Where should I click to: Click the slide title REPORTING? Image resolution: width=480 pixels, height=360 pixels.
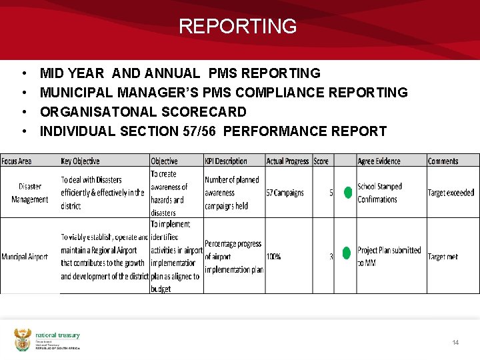237,27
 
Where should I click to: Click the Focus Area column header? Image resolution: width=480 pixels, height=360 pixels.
17,161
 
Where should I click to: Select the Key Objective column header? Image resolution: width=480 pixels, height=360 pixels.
80,161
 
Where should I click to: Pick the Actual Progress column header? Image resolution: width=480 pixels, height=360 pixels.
287,161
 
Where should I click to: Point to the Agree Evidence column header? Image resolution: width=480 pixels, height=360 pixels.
379,161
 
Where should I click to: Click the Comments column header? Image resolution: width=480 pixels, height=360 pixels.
443,161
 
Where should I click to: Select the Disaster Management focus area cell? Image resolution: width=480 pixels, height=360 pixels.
30,193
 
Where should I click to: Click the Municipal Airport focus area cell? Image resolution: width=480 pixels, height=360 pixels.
25,257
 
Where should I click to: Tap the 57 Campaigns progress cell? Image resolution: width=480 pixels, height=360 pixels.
285,193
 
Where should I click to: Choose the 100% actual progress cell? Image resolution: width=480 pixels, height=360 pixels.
273,257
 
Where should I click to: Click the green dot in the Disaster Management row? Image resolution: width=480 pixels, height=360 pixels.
347,193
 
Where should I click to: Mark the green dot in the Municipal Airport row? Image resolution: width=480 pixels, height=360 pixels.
346,253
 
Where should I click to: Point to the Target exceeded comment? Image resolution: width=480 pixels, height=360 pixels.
451,193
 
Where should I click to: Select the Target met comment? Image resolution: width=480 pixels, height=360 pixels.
443,257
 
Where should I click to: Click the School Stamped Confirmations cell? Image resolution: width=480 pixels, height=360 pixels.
379,193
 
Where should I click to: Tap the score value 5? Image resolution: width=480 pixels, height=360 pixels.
331,193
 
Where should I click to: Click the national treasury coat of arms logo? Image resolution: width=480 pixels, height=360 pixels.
23,339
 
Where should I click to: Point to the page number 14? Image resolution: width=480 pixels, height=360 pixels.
455,343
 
